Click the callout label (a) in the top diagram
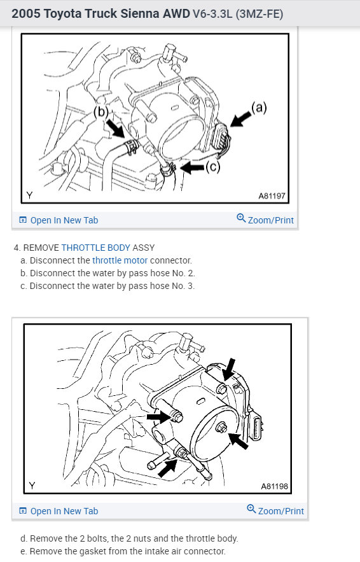pos(259,107)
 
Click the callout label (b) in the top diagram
pos(100,112)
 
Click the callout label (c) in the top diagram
pos(212,167)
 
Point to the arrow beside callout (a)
pos(240,118)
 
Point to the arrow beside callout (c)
pos(192,167)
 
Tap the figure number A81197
pos(272,195)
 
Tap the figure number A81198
pos(274,486)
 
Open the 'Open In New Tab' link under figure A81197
pos(59,220)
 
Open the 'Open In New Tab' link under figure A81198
pos(59,510)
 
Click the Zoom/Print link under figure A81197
pos(265,220)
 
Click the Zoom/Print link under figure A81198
pos(275,510)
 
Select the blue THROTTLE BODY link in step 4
pos(95,248)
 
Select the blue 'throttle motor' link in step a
pos(120,260)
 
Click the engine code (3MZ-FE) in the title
pos(260,14)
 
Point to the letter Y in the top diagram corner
pos(29,195)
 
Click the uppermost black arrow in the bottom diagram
pos(229,369)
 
